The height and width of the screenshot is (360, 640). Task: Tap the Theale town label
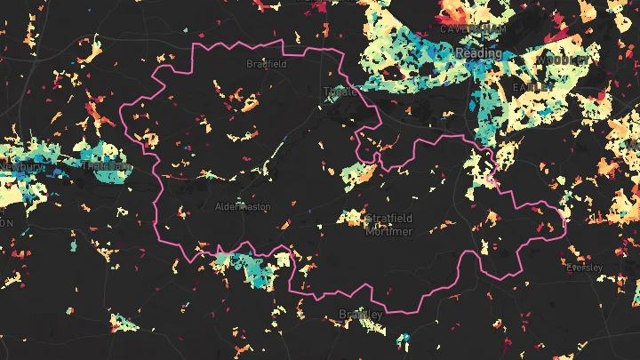[340, 92]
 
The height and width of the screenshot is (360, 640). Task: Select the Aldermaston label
[242, 206]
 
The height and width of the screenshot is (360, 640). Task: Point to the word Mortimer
[389, 231]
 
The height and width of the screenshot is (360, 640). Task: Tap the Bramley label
[361, 315]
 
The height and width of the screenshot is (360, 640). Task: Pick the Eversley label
[584, 268]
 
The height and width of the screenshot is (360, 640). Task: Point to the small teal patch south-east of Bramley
[405, 339]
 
